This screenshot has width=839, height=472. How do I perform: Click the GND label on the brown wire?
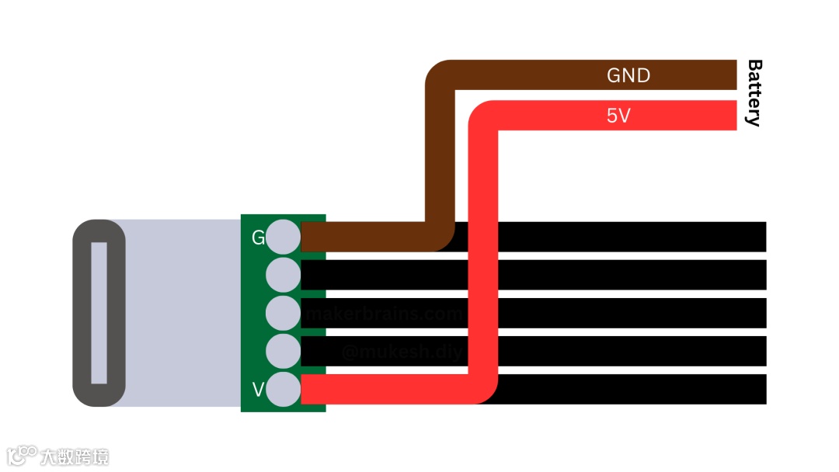coord(628,75)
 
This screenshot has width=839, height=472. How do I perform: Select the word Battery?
coord(753,92)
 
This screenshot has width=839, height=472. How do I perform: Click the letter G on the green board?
coord(258,238)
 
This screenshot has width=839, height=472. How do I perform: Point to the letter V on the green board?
coord(258,388)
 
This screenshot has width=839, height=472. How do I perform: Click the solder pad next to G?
coord(283,237)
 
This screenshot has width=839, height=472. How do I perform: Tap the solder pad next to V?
coord(283,389)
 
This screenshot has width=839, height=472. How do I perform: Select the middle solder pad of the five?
coord(283,313)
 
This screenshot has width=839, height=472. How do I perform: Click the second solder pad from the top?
coord(283,275)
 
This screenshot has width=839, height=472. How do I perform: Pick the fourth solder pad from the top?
coord(283,351)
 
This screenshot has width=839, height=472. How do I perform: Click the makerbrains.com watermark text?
coord(385,314)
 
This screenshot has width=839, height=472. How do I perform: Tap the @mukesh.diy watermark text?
coord(402,352)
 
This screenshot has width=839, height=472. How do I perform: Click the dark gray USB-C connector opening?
coord(99,313)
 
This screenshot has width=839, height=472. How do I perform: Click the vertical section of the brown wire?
coord(440,155)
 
